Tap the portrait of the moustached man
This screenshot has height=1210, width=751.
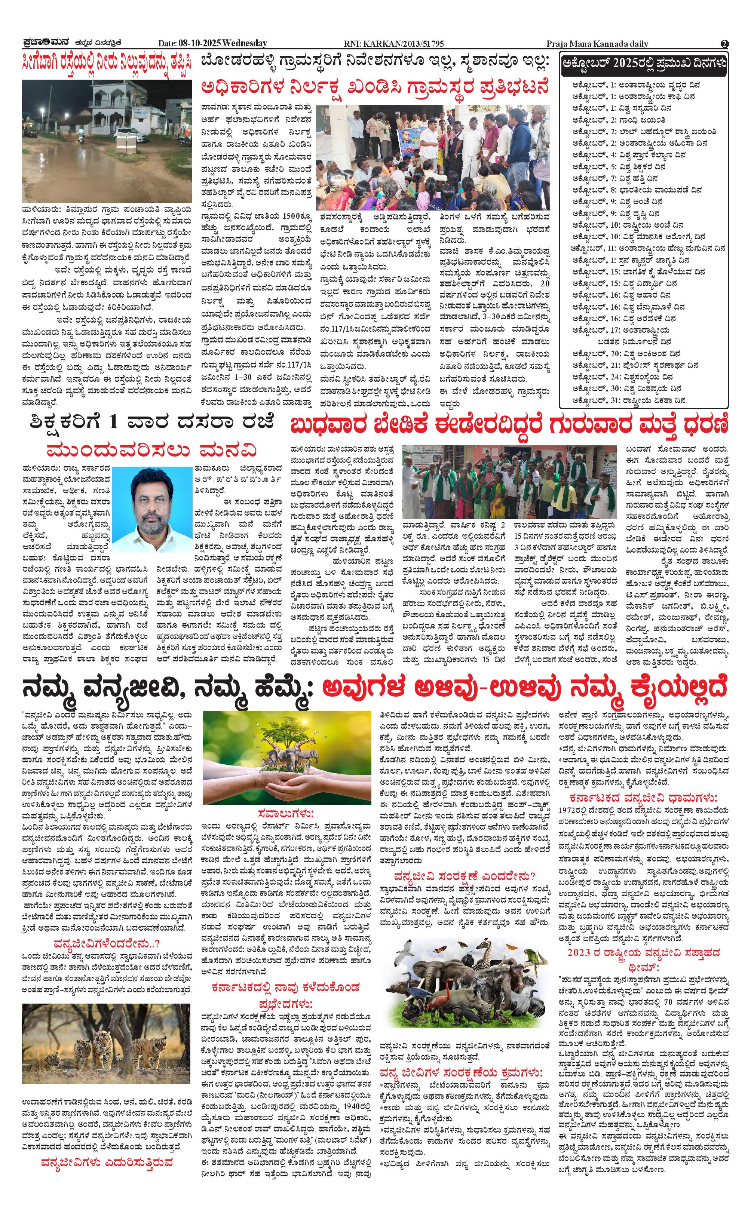[x=151, y=509]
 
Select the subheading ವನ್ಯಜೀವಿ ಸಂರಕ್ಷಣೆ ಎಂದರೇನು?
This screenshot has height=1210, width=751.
[x=465, y=875]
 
